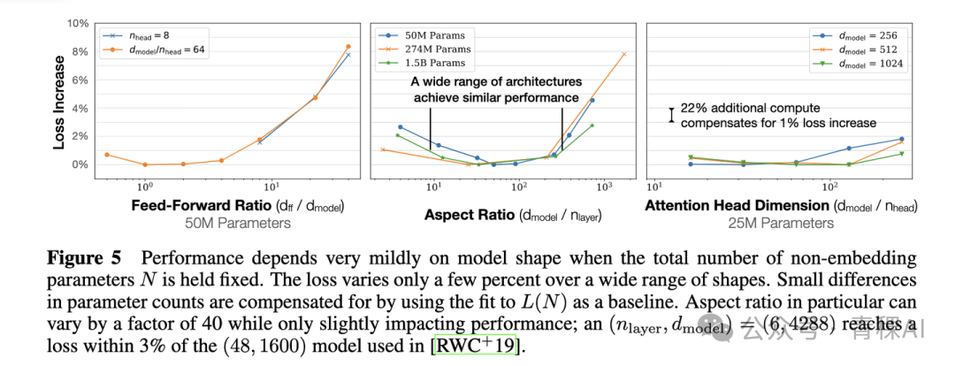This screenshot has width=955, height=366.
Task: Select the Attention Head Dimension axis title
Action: (x=781, y=207)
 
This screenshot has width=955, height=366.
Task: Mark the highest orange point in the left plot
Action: (x=348, y=47)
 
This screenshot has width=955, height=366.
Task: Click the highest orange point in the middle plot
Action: (x=624, y=54)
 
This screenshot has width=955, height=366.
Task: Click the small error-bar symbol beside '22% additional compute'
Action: (x=672, y=115)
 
